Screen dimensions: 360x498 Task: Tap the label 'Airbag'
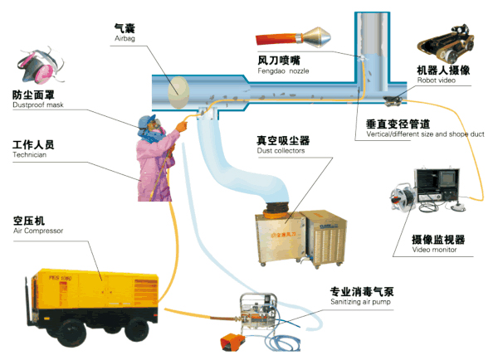(124, 38)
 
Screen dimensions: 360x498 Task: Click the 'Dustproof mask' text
(37, 105)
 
